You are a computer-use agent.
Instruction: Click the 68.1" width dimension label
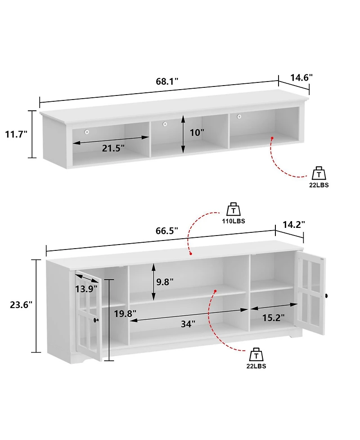point(167,82)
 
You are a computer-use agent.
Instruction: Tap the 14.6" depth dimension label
point(301,77)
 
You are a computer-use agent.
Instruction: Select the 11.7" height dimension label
point(16,134)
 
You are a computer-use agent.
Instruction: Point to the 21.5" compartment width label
point(111,148)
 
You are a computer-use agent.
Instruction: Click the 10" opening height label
point(197,133)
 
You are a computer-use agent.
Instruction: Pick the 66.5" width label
point(166,230)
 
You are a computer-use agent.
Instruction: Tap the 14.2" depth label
point(294,224)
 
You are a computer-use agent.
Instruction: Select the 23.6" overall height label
point(22,304)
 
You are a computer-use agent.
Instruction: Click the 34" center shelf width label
point(188,323)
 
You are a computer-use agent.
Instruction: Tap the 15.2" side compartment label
point(273,318)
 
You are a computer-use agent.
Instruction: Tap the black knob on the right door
point(327,295)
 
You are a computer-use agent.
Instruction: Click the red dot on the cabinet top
point(191,254)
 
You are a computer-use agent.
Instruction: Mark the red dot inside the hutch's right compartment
point(272,138)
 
